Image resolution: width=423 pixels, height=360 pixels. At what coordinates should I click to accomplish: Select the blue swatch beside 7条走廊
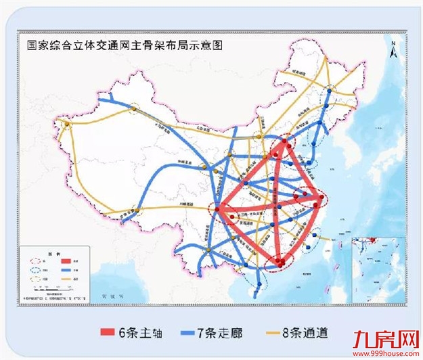(x=200, y=332)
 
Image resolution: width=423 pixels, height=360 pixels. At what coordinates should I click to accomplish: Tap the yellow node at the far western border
(x=66, y=124)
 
